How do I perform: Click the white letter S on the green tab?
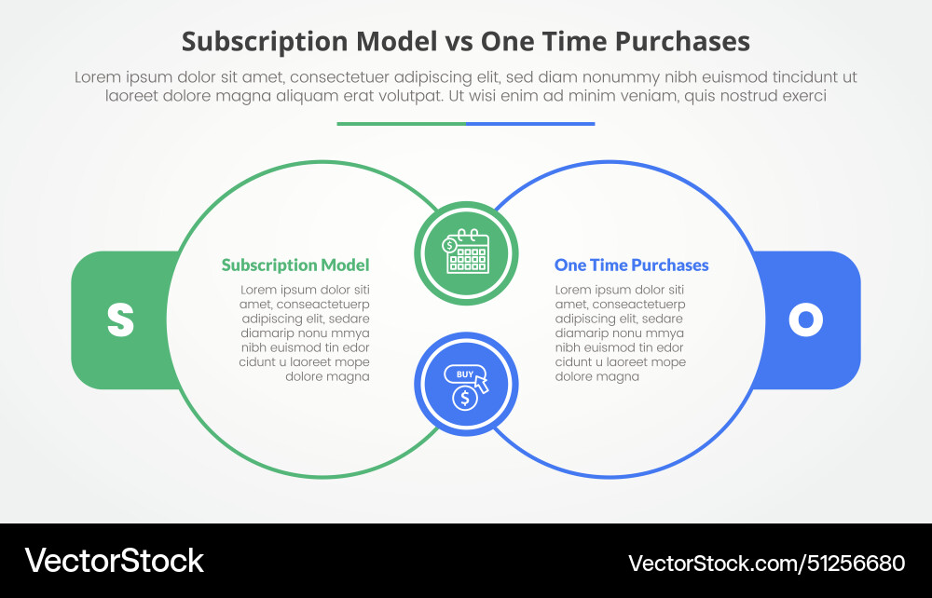coord(120,319)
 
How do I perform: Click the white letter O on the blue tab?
coord(805,319)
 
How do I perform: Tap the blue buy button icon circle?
coord(466,385)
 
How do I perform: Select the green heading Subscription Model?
coord(295,265)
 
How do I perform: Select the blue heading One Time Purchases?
coord(631,265)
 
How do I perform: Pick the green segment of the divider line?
coord(402,123)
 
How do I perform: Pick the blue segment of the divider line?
coord(530,123)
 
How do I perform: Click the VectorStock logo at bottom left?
coord(115,561)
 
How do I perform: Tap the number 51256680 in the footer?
coord(855,563)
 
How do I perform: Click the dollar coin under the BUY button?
coord(464,398)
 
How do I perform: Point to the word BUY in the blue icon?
coord(463,374)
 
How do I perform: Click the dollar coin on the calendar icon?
coord(450,245)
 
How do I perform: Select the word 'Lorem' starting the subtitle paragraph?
coord(96,77)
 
